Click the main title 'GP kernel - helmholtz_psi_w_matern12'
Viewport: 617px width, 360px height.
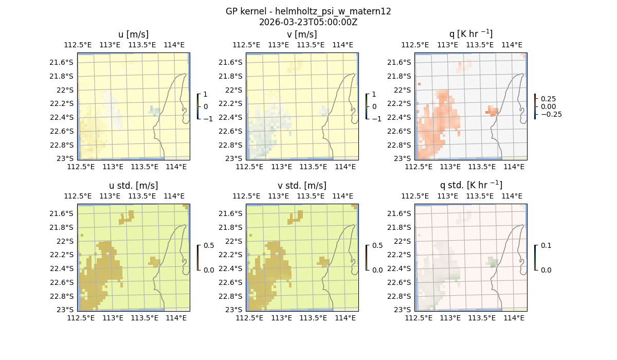click(308, 11)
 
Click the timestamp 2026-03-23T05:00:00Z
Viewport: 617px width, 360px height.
click(308, 22)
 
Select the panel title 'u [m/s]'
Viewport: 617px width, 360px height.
click(133, 34)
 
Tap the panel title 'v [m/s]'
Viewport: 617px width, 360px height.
click(302, 34)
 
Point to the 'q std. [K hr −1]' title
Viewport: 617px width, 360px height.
click(470, 185)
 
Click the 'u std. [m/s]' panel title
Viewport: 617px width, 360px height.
click(133, 186)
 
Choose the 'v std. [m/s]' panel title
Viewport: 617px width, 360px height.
click(302, 186)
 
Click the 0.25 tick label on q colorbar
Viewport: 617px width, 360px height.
click(548, 99)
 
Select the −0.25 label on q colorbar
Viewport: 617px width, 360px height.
click(550, 114)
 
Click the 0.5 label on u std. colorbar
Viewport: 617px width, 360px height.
click(209, 245)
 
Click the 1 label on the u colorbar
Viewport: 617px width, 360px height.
click(206, 95)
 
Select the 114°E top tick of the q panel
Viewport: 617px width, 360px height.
click(512, 45)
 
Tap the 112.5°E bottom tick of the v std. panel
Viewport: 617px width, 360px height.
click(249, 318)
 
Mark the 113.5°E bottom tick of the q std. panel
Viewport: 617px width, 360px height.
click(482, 318)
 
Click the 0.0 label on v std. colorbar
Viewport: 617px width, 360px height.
click(377, 270)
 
